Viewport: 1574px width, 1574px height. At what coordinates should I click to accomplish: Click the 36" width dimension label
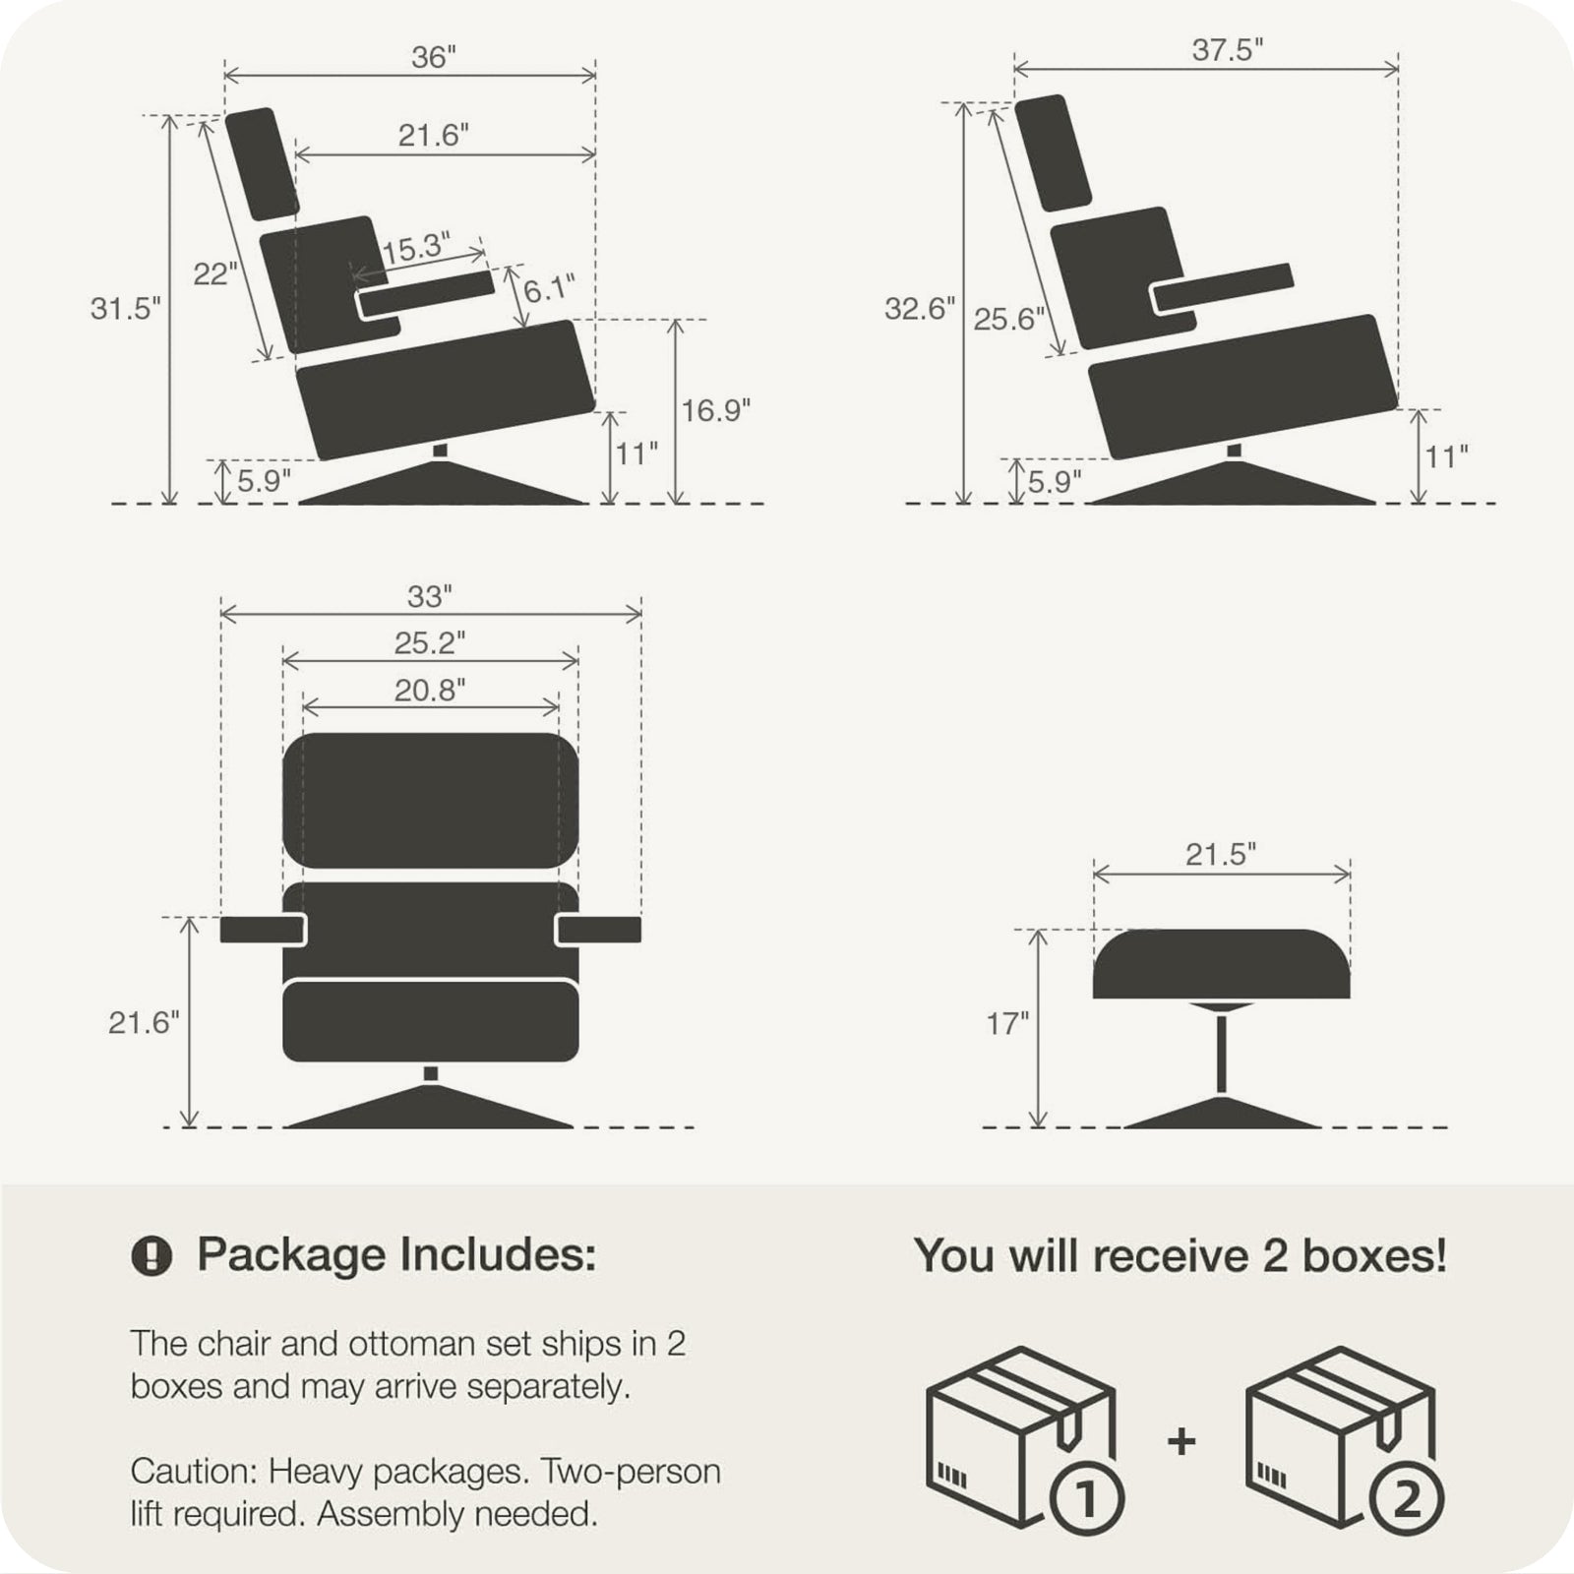pos(434,58)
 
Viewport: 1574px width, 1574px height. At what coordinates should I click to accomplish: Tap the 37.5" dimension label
pos(1227,50)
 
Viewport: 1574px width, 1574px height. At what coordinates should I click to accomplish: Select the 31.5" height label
pos(125,308)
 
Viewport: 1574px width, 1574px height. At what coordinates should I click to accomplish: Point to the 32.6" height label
pos(919,308)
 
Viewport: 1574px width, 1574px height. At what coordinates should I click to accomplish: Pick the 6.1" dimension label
pos(549,289)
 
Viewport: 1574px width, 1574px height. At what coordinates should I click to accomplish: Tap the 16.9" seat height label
pos(715,410)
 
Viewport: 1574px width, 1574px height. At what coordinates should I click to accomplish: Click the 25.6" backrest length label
pos(1008,319)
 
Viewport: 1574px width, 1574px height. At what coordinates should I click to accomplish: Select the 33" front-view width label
pos(430,596)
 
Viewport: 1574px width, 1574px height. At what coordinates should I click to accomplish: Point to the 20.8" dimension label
pos(430,691)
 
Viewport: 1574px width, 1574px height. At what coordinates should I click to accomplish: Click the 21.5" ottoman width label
pos(1221,854)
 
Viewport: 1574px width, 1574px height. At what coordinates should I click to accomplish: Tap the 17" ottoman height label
pos(1006,1024)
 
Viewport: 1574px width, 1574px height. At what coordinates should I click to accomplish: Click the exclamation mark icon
pos(151,1256)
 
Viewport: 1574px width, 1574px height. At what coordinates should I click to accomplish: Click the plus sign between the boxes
pos(1181,1441)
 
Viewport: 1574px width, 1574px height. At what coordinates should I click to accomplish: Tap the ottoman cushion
pos(1221,964)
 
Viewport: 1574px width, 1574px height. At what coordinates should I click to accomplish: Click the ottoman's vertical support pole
pos(1221,1054)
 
